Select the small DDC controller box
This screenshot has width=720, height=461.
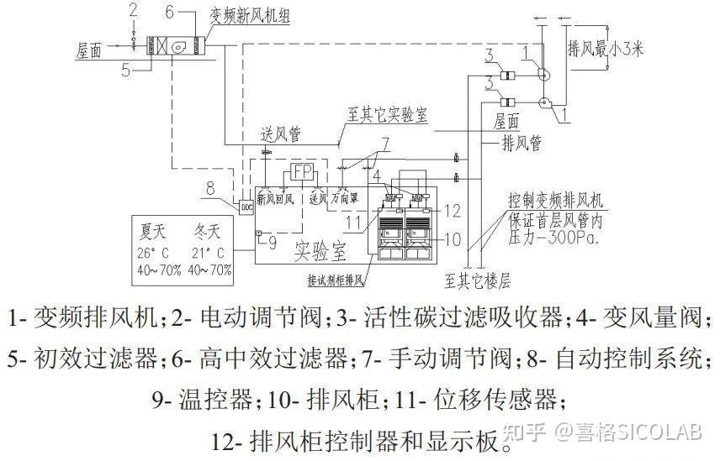click(247, 206)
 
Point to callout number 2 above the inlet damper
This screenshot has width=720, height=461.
click(132, 10)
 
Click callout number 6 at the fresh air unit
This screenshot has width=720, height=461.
click(168, 11)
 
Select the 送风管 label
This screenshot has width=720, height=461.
click(281, 134)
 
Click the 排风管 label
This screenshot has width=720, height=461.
click(521, 143)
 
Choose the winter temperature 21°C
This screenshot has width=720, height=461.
click(207, 252)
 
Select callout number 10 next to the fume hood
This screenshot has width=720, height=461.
click(453, 238)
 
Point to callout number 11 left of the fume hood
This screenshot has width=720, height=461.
click(352, 222)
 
